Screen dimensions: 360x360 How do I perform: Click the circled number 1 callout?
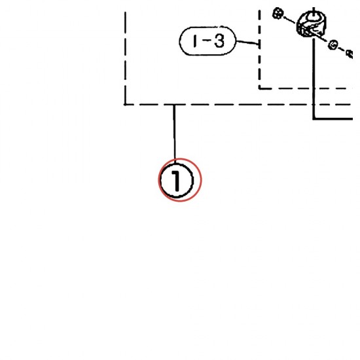(x=177, y=181)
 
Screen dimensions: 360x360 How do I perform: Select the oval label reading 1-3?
(x=207, y=41)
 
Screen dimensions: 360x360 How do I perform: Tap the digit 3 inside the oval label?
(x=219, y=41)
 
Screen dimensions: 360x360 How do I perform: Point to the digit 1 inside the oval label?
(x=195, y=41)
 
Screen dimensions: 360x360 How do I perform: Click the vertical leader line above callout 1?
(x=174, y=134)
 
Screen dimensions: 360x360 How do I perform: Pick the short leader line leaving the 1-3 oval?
(x=247, y=43)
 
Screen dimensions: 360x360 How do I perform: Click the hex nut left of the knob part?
(x=278, y=13)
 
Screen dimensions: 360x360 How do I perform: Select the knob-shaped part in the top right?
(x=312, y=24)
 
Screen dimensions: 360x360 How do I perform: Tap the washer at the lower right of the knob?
(x=333, y=45)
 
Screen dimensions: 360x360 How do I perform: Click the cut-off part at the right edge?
(x=350, y=54)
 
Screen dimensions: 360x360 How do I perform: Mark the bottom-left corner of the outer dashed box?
(x=125, y=105)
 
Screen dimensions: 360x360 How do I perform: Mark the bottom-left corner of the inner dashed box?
(x=260, y=88)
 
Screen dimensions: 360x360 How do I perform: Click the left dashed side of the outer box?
(x=125, y=58)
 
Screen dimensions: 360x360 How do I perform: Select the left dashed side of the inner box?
(x=259, y=49)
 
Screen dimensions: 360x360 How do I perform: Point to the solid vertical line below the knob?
(x=314, y=79)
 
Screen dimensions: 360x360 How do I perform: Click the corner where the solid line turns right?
(x=314, y=118)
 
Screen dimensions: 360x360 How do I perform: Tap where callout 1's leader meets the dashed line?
(x=174, y=105)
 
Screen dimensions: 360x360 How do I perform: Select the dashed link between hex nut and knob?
(x=290, y=20)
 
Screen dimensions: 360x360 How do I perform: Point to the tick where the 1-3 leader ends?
(x=259, y=44)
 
